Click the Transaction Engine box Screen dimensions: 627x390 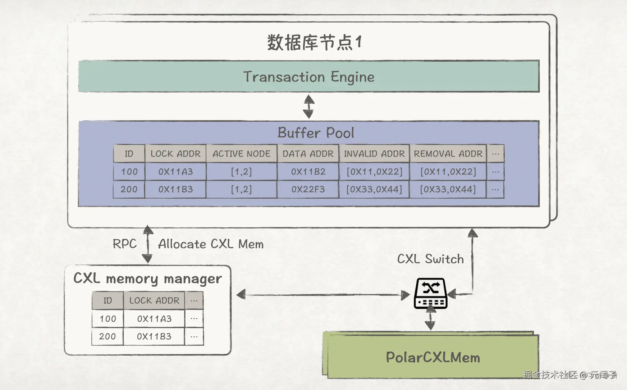pos(309,76)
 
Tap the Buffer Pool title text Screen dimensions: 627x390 pos(316,133)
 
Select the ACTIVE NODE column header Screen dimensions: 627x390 pos(242,154)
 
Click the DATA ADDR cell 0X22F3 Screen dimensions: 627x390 pos(308,189)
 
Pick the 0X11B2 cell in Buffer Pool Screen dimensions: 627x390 pos(308,172)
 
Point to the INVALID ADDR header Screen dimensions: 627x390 pos(374,154)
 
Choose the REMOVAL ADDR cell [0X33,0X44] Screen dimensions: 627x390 pos(448,189)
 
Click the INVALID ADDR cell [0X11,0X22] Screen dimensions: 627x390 pos(374,172)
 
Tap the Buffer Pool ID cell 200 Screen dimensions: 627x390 pos(129,189)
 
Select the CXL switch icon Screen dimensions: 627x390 pos(431,293)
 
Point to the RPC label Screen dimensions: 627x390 pos(125,244)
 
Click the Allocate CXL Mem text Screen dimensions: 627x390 pos(211,244)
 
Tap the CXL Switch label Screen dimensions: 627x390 pos(430,259)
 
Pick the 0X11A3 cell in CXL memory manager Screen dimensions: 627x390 pos(154,319)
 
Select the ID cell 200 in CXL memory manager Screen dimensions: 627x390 pos(107,336)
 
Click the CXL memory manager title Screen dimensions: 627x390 pos(147,279)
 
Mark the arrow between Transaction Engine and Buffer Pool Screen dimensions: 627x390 pos(308,106)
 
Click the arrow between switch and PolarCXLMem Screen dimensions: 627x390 pos(430,319)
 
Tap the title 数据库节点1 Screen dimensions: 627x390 pos(314,42)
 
